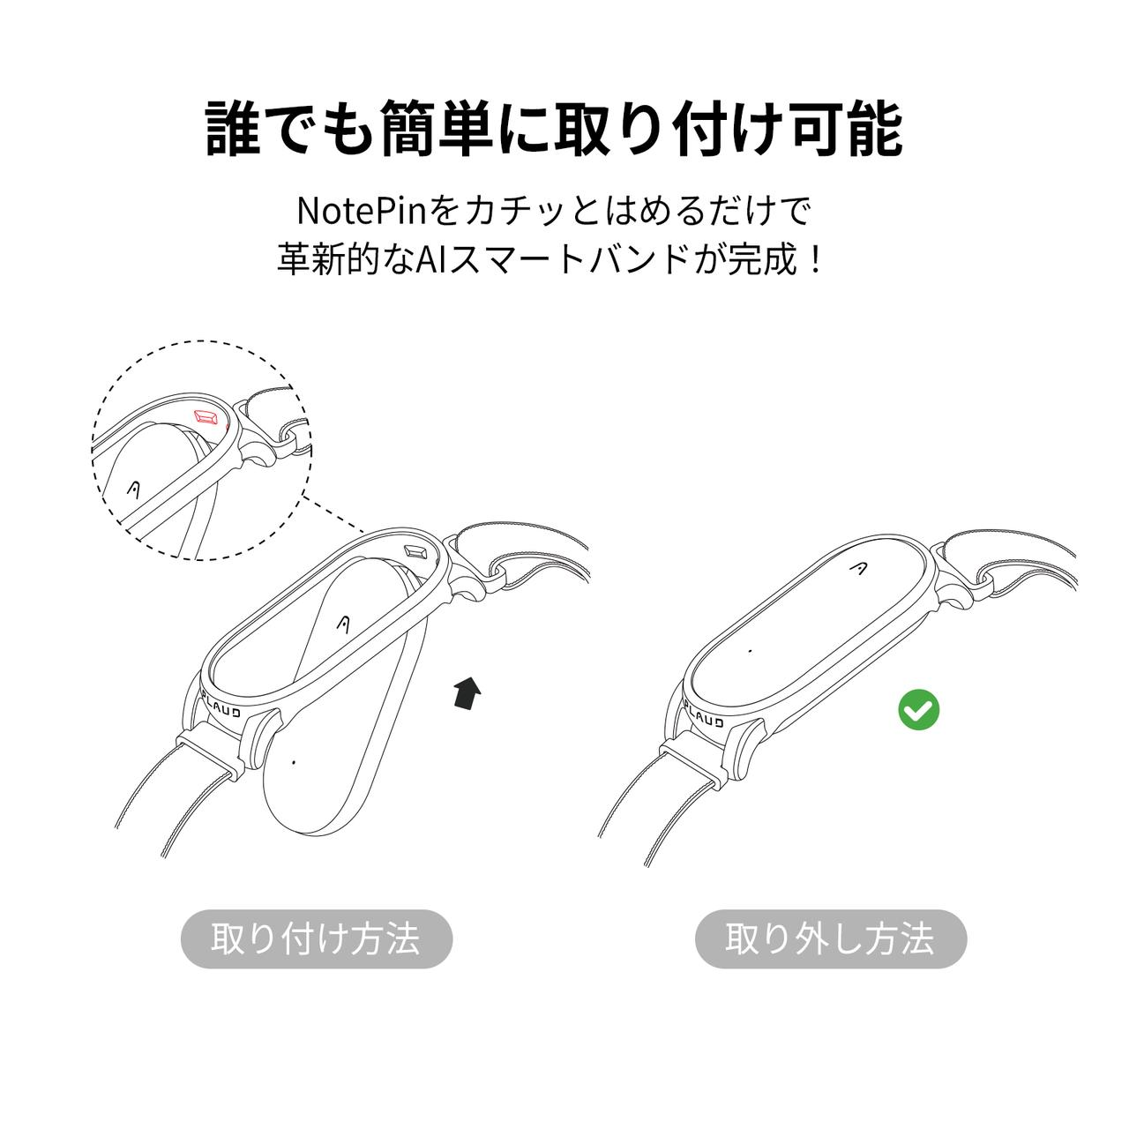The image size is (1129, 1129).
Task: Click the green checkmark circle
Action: tap(919, 710)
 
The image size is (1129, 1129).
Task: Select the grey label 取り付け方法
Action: tap(316, 938)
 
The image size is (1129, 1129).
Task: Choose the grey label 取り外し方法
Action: tap(830, 938)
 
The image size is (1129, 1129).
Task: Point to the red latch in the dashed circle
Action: tap(209, 415)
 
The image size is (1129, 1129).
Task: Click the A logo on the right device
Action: tap(858, 570)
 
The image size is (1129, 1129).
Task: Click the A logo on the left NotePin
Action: tap(346, 624)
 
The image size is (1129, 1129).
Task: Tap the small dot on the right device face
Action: tap(750, 651)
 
